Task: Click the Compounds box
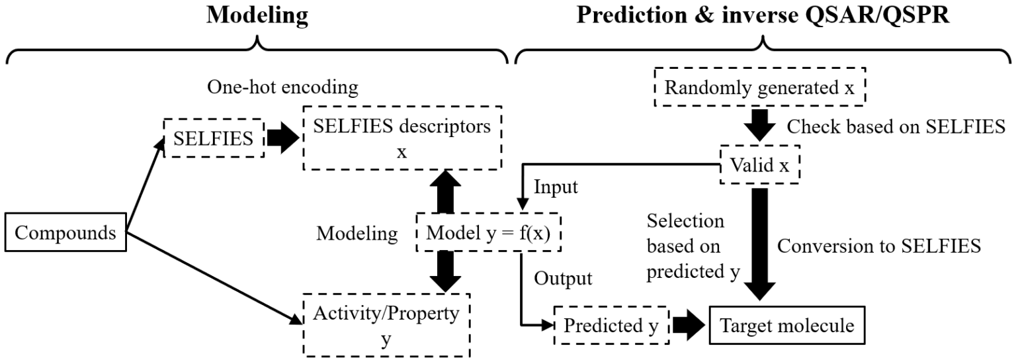(x=64, y=234)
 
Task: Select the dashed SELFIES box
(x=213, y=138)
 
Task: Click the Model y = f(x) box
(x=488, y=234)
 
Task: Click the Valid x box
(x=759, y=165)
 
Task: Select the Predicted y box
(x=612, y=326)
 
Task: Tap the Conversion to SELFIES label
(x=878, y=246)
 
